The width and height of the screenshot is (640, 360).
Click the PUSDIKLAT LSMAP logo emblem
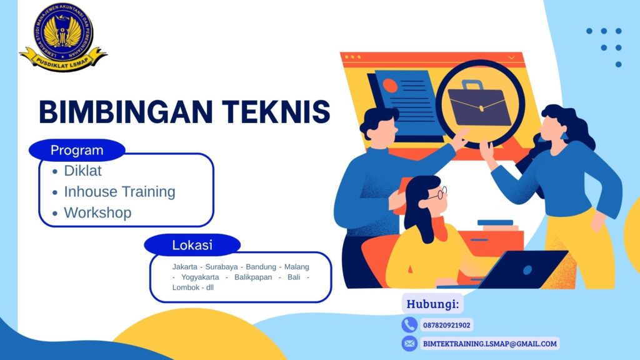63,36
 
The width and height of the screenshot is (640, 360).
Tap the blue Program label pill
77,151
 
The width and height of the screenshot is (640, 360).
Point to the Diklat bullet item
82,171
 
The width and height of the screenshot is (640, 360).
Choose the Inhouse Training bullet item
119,191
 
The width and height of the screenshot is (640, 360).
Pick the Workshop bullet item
97,212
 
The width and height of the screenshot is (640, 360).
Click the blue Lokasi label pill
192,245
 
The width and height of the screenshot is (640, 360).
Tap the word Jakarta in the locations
186,267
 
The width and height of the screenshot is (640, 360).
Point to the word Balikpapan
253,277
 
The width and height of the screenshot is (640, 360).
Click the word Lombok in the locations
186,287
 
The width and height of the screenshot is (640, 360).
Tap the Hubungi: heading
433,304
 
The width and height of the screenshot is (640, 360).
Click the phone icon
409,325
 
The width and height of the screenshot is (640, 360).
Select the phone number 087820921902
447,325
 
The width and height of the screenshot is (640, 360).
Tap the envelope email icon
409,343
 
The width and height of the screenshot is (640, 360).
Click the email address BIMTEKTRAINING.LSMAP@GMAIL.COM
489,343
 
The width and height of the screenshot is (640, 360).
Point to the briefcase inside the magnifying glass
479,103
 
